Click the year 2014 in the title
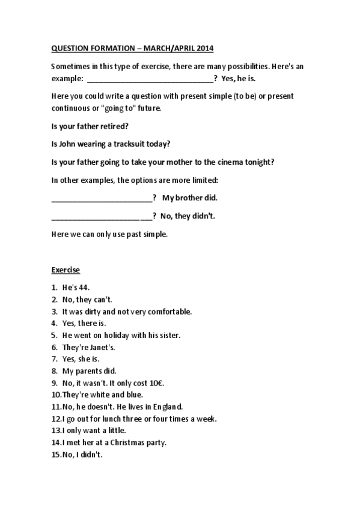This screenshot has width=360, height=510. coord(204,48)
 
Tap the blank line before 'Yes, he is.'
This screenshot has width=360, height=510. coord(150,79)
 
